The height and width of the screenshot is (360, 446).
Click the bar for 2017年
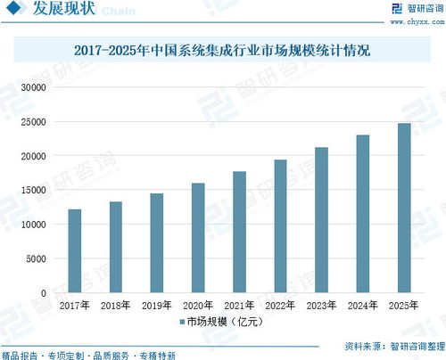click(x=74, y=251)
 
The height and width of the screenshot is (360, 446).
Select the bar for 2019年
click(x=156, y=243)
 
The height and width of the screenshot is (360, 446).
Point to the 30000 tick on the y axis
click(x=33, y=88)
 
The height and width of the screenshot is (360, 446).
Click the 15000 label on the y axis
click(x=33, y=191)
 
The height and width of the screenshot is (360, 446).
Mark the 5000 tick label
click(x=36, y=259)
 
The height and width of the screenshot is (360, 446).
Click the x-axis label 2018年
click(x=115, y=305)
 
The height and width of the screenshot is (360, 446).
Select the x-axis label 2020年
click(x=197, y=305)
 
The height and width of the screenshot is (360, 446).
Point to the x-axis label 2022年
click(x=280, y=305)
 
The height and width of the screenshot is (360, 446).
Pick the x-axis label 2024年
click(x=362, y=305)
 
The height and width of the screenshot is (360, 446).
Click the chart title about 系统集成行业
click(x=224, y=53)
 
